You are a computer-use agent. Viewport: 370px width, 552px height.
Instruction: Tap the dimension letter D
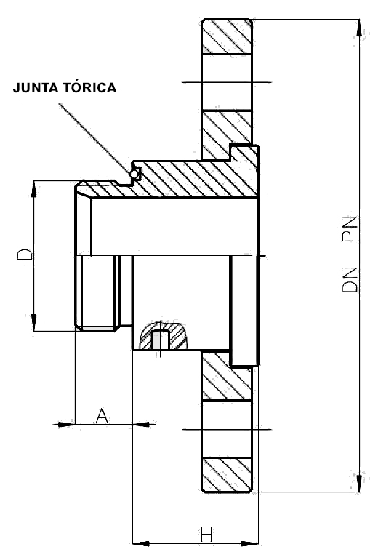(x=25, y=255)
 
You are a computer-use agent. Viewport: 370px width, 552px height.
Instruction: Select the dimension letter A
(x=102, y=415)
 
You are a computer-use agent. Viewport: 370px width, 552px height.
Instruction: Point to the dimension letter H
(x=206, y=534)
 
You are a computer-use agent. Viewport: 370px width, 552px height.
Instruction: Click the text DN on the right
(x=350, y=280)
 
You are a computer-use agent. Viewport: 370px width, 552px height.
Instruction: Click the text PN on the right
(x=350, y=229)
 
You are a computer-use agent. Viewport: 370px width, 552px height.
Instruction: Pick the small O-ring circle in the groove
(x=134, y=174)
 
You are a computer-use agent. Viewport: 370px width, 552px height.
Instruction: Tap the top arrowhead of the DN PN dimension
(x=359, y=28)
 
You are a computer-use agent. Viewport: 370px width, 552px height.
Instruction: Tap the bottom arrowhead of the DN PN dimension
(x=359, y=484)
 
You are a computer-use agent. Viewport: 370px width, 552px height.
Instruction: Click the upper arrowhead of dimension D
(x=33, y=189)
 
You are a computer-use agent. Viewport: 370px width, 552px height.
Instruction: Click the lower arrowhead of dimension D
(x=33, y=322)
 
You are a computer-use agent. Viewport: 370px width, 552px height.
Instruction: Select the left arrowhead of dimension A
(x=66, y=425)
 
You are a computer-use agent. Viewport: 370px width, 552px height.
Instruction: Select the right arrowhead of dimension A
(x=141, y=425)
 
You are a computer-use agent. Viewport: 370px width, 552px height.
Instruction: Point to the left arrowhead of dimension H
(x=141, y=544)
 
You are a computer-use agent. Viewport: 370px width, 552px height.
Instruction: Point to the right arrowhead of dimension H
(x=250, y=544)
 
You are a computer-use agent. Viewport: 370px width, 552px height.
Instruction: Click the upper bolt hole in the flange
(x=227, y=82)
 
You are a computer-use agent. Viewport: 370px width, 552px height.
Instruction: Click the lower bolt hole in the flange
(x=227, y=429)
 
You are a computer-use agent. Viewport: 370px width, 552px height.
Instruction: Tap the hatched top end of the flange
(x=227, y=36)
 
